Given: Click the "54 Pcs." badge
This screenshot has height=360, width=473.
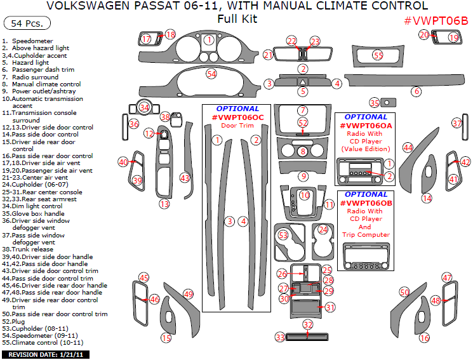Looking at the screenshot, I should click(23, 24).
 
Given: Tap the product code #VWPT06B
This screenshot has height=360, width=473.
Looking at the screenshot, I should click(436, 20).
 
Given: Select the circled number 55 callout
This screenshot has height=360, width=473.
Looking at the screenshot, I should click(378, 56).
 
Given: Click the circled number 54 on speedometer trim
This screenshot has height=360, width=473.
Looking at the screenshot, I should click(211, 74).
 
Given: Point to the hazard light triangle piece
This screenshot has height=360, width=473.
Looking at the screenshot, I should click(303, 82).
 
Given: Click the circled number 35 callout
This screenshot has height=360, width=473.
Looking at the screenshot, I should click(375, 103).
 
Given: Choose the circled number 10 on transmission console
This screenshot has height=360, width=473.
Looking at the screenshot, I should click(305, 195).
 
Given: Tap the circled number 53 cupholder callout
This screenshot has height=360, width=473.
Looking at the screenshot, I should click(283, 235).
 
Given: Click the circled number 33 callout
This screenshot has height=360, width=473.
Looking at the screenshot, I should click(280, 337).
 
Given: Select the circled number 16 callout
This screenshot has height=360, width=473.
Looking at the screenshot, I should click(424, 338).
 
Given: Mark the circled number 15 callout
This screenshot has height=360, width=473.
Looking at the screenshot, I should click(166, 338).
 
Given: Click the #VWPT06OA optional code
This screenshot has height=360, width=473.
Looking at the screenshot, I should click(366, 126).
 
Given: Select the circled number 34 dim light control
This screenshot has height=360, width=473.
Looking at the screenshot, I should click(145, 107).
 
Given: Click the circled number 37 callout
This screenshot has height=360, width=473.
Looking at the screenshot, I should click(456, 123).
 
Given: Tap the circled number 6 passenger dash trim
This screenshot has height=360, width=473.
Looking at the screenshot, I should click(416, 91).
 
